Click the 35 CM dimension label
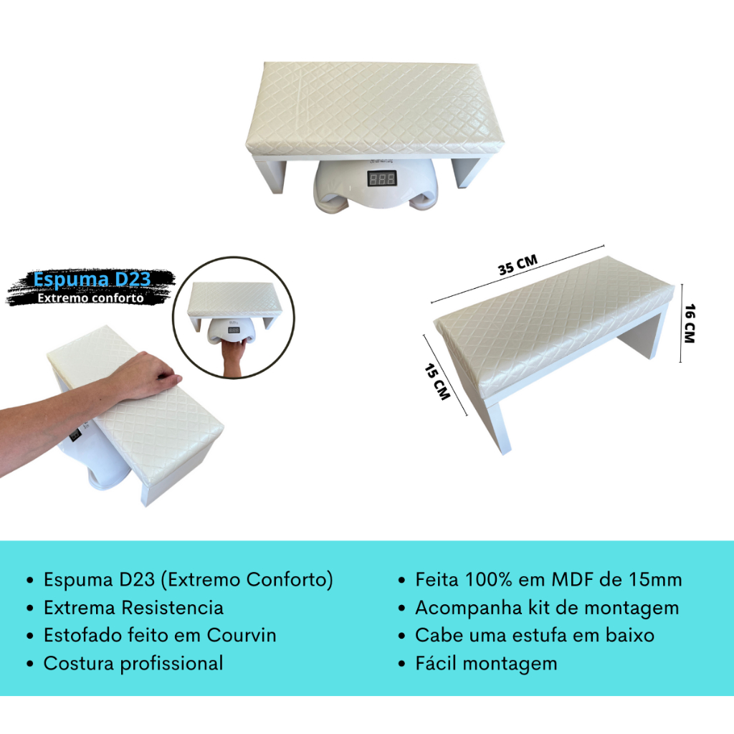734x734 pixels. (x=518, y=264)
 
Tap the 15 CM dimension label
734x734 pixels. (x=437, y=382)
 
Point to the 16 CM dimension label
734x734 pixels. (x=690, y=323)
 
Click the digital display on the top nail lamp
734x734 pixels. (x=382, y=178)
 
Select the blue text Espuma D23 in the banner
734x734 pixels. (x=92, y=279)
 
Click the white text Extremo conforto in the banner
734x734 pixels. (x=90, y=298)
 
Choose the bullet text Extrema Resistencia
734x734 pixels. (x=133, y=608)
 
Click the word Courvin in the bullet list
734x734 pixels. (x=242, y=635)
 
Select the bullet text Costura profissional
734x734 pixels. (x=133, y=664)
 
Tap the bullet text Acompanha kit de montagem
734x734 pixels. (x=547, y=608)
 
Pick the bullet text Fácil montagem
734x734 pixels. (x=487, y=664)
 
